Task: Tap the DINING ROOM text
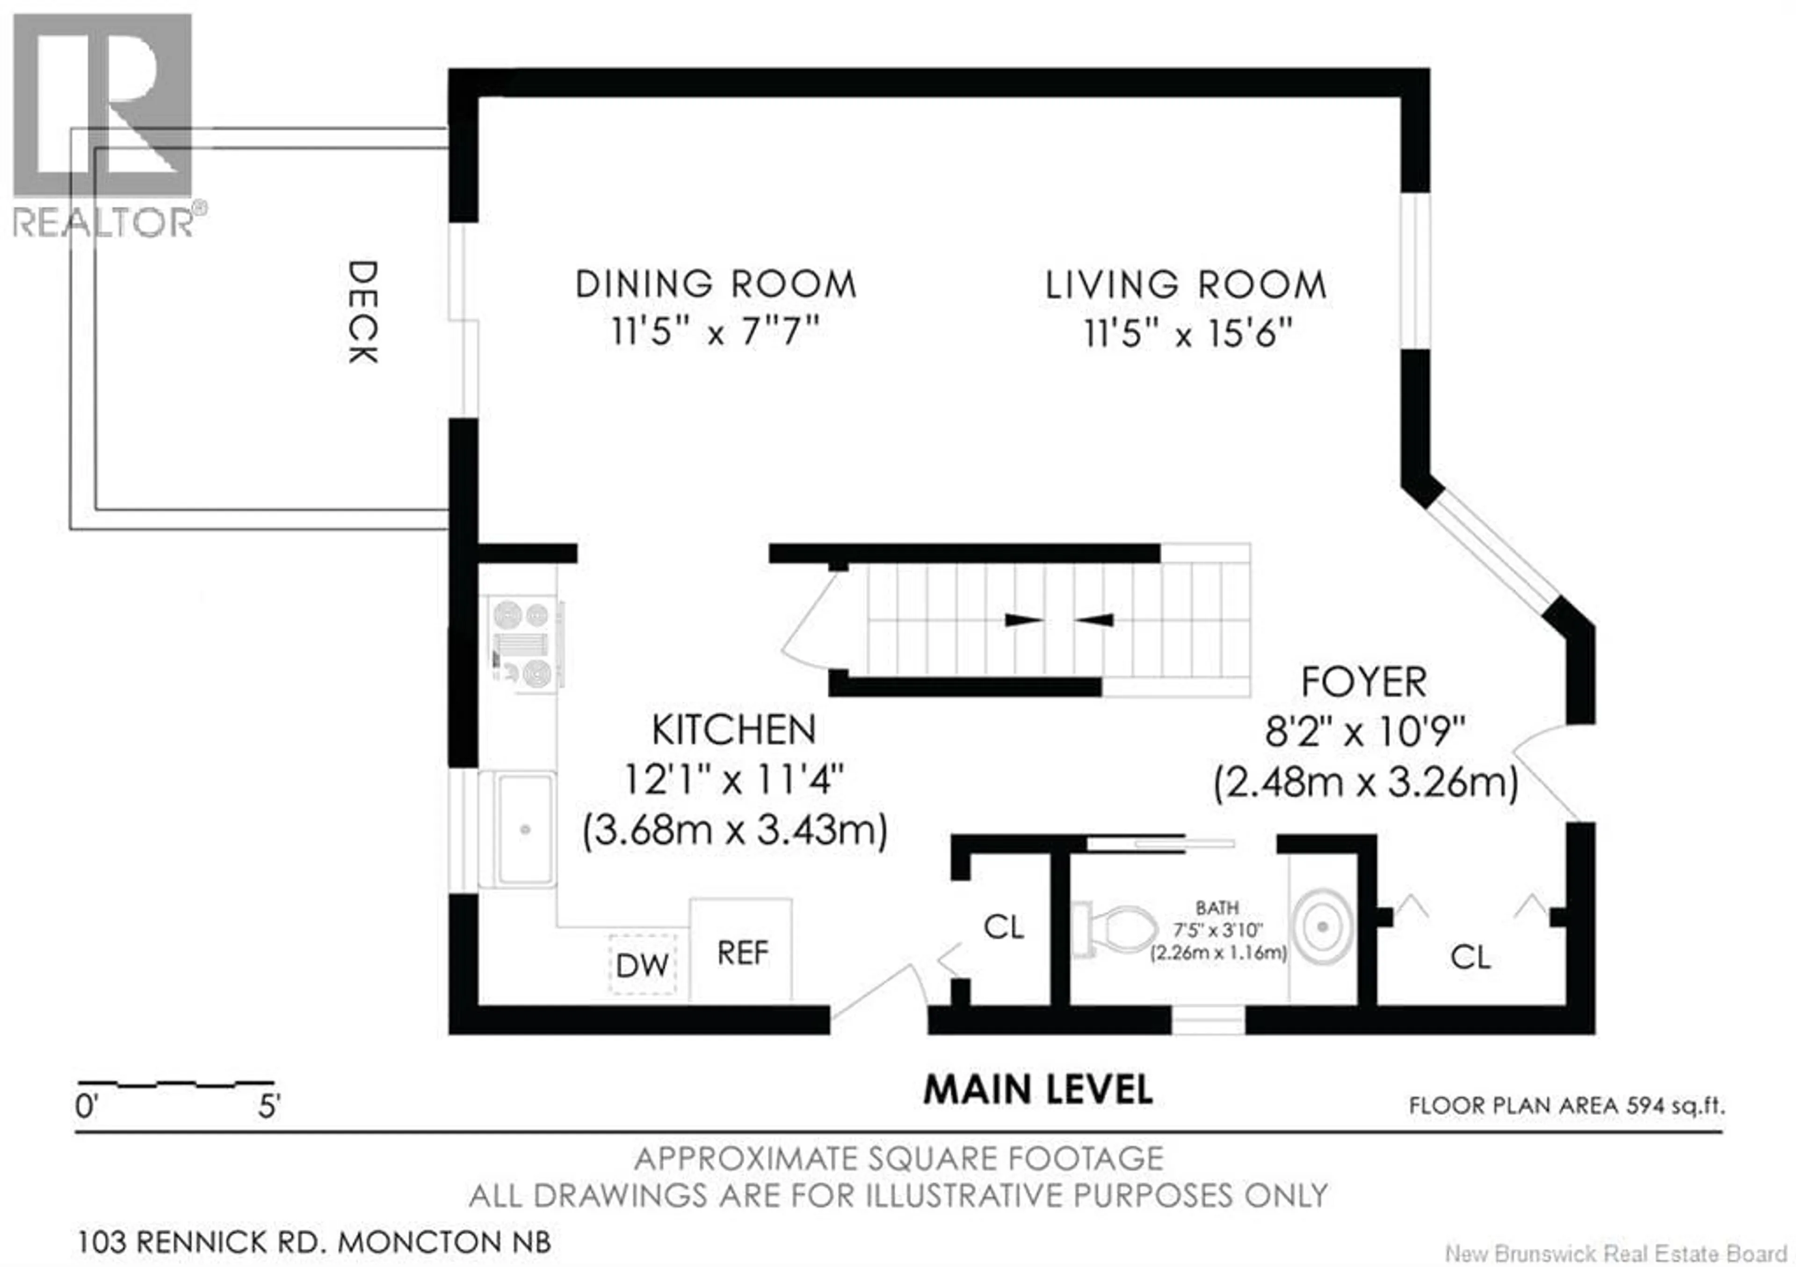coord(716,284)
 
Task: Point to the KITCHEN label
coord(734,730)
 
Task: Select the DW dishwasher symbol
coord(642,965)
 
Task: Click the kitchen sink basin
coord(525,829)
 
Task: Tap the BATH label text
coord(1217,908)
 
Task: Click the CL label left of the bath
coord(1004,927)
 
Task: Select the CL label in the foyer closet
coord(1470,956)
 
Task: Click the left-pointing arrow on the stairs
coord(1094,620)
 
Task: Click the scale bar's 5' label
coord(269,1107)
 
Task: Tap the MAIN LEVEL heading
coord(1038,1089)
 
